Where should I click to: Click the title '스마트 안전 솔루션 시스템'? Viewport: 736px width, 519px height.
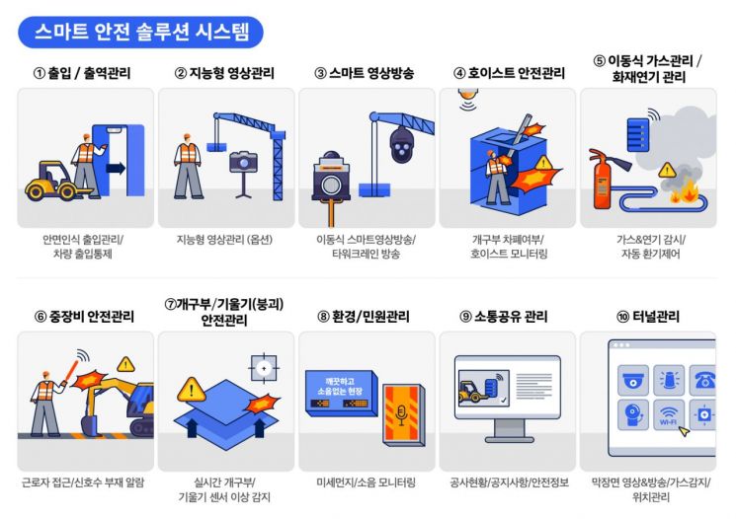pyautogui.click(x=141, y=32)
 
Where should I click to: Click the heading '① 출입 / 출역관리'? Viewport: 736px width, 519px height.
pyautogui.click(x=82, y=73)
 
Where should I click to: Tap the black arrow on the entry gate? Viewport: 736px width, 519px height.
pyautogui.click(x=116, y=168)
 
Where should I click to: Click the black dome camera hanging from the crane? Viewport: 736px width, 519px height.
pyautogui.click(x=401, y=144)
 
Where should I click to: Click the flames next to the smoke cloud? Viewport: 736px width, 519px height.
pyautogui.click(x=686, y=191)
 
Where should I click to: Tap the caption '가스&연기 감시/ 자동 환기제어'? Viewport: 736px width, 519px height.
pyautogui.click(x=651, y=247)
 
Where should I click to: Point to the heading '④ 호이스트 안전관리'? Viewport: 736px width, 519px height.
pyautogui.click(x=509, y=73)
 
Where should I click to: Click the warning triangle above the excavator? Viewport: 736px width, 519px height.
pyautogui.click(x=125, y=364)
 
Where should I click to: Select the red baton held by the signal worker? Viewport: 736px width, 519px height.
pyautogui.click(x=71, y=369)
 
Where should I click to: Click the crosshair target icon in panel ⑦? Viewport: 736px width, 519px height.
pyautogui.click(x=264, y=368)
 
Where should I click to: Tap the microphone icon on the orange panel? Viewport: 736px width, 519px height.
pyautogui.click(x=401, y=414)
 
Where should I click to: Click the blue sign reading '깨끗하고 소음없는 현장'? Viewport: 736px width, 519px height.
pyautogui.click(x=341, y=393)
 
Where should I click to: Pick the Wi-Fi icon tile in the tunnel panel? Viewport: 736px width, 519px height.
pyautogui.click(x=669, y=414)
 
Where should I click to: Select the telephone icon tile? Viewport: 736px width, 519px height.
pyautogui.click(x=702, y=380)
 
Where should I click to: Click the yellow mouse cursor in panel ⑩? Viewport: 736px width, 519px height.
pyautogui.click(x=685, y=430)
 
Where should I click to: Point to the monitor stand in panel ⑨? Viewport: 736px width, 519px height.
pyautogui.click(x=510, y=430)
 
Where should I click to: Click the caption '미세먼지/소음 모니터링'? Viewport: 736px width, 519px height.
pyautogui.click(x=367, y=482)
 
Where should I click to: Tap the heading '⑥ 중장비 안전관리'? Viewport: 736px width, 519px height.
pyautogui.click(x=85, y=317)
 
